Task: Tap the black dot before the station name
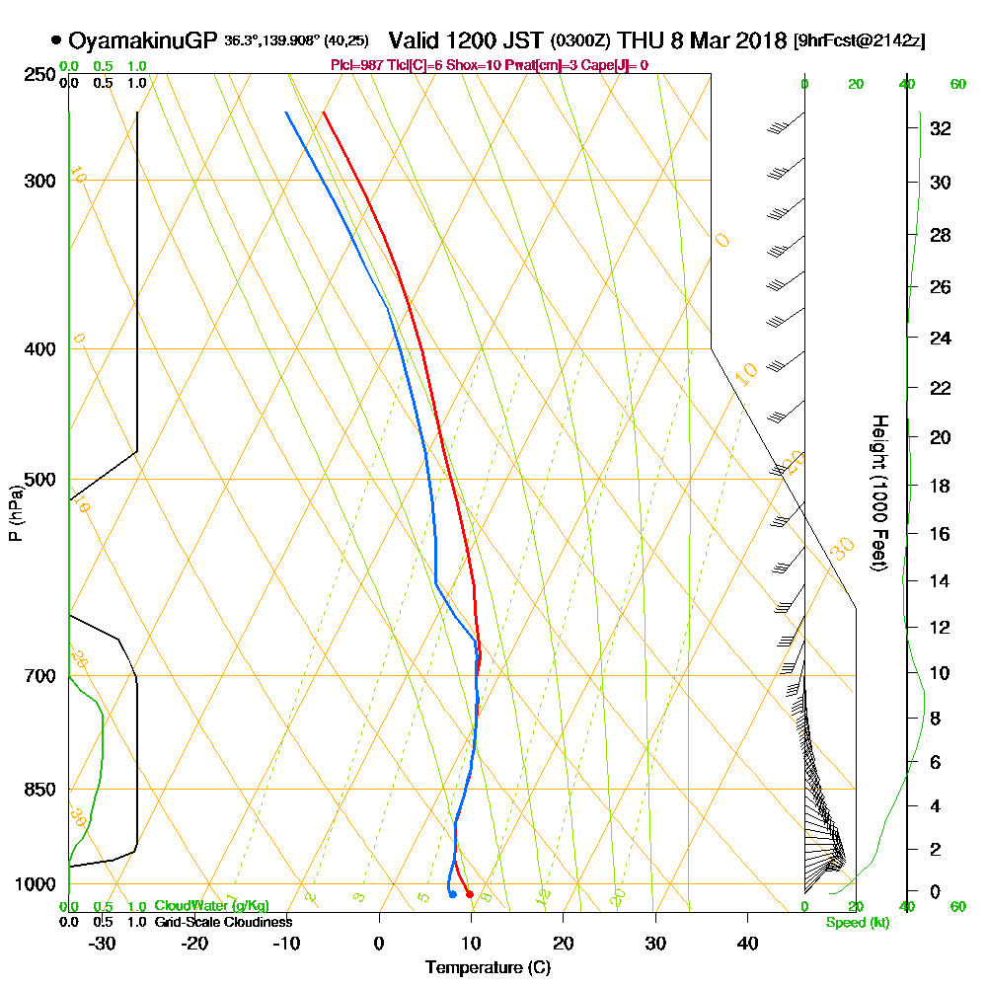click(56, 40)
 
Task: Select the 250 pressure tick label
click(38, 74)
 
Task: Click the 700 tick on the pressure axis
click(38, 676)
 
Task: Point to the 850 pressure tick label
click(38, 790)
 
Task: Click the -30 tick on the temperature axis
click(103, 943)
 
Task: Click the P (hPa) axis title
click(15, 511)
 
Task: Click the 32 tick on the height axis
click(940, 128)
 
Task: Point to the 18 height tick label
click(940, 486)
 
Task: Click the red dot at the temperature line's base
click(470, 894)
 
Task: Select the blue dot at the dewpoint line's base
click(452, 895)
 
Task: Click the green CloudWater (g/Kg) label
click(211, 906)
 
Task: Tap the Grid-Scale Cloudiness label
click(223, 922)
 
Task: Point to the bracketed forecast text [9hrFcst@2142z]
click(859, 41)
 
